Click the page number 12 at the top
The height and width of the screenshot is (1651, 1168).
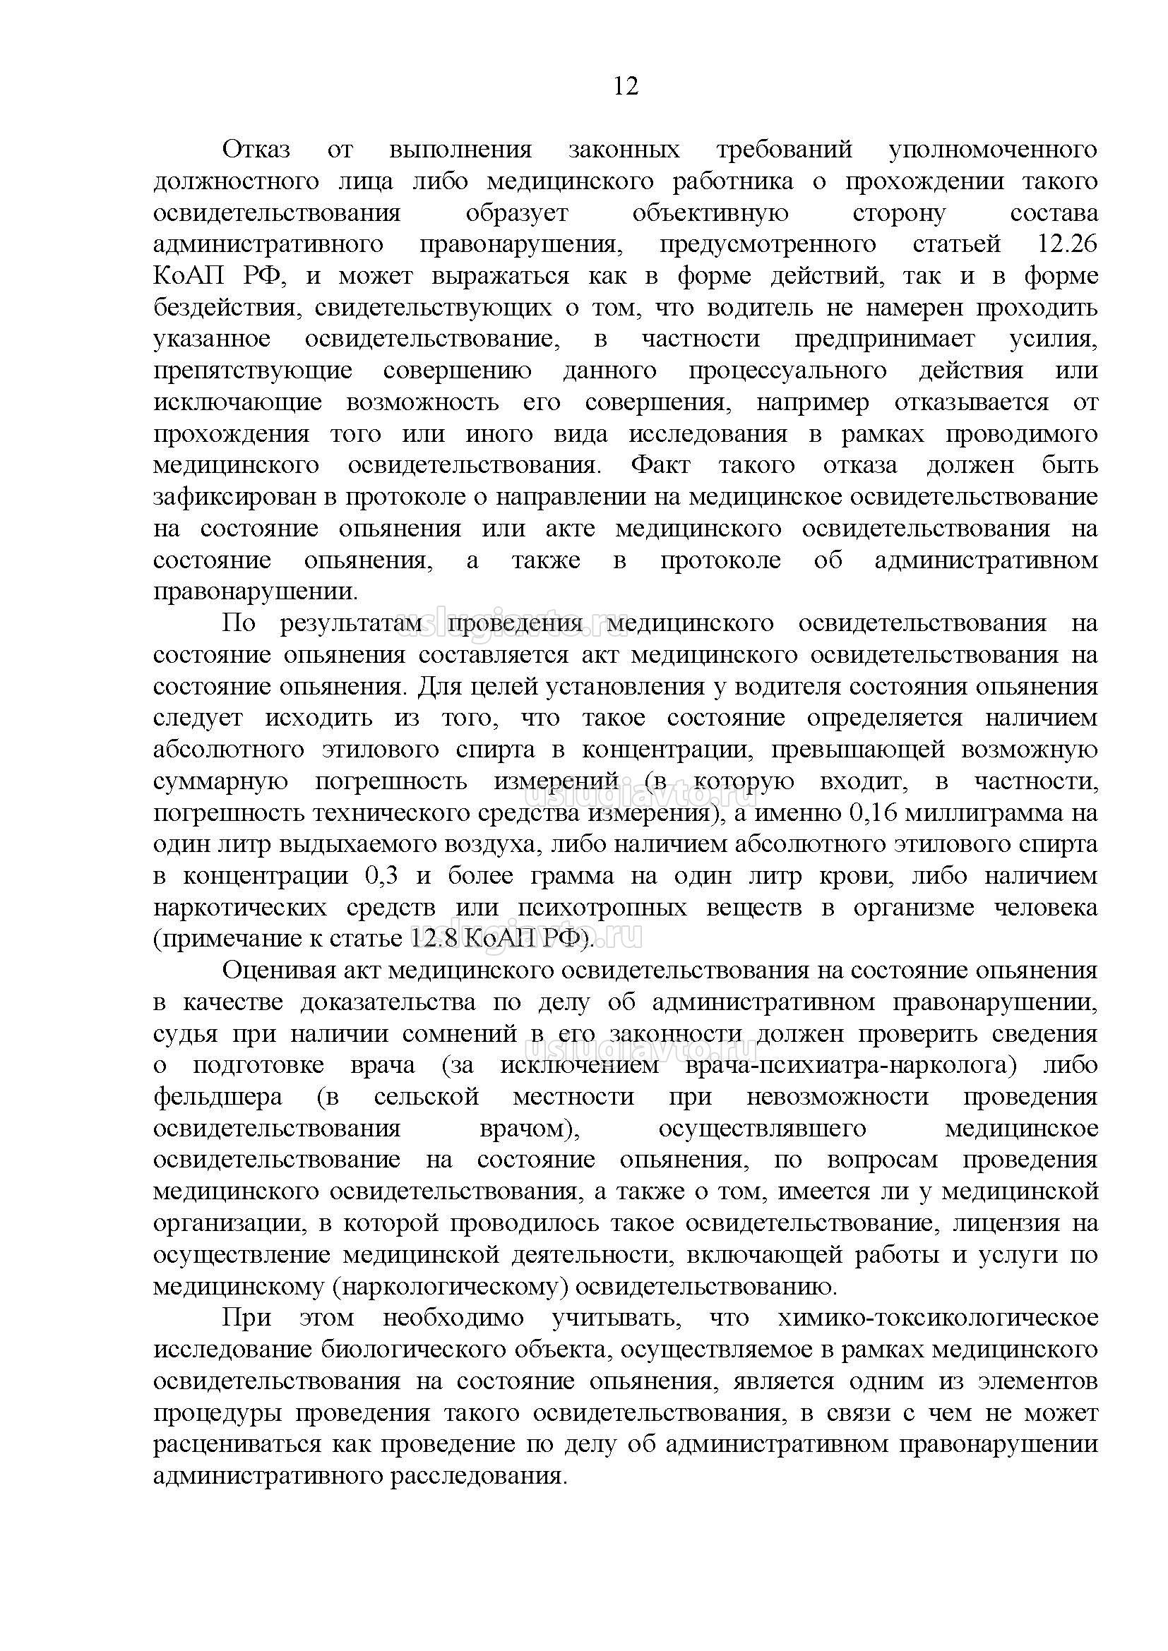coord(626,87)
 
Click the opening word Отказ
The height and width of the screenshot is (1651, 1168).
coord(256,150)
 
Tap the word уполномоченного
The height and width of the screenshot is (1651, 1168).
coord(992,150)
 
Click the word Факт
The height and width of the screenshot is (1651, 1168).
coord(660,465)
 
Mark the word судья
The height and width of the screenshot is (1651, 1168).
coord(185,1034)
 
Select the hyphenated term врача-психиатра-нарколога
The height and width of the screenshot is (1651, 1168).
coord(850,1066)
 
